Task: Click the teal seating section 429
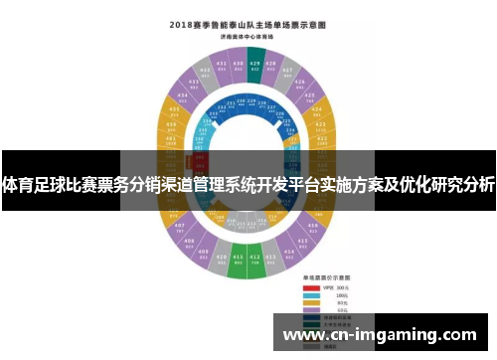click(x=254, y=65)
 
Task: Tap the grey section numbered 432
click(x=201, y=73)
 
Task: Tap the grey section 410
click(x=221, y=260)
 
